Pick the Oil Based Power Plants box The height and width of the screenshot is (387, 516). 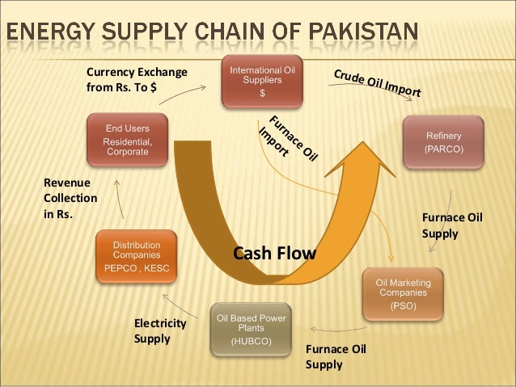click(251, 329)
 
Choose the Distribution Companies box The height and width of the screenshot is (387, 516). click(136, 256)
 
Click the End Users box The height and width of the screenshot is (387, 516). click(128, 141)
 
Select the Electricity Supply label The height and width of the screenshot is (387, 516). click(159, 330)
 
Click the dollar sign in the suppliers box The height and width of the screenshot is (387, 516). click(261, 93)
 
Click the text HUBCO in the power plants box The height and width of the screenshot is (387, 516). click(251, 341)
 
